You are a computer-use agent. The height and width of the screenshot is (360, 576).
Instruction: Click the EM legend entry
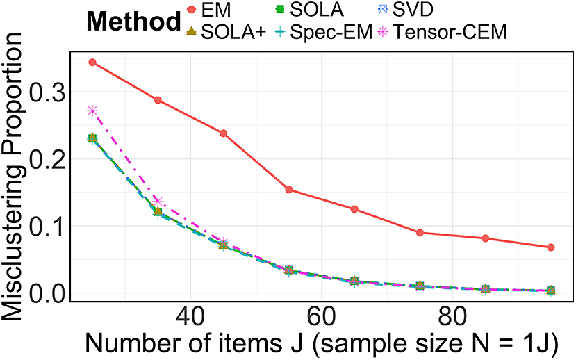(209, 10)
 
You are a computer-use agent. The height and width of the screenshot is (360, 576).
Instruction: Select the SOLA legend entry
(309, 10)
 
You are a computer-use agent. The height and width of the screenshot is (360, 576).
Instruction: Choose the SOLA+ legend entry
(227, 32)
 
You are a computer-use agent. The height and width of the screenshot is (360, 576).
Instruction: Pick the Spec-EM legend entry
(324, 32)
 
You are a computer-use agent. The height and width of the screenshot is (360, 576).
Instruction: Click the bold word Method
(133, 22)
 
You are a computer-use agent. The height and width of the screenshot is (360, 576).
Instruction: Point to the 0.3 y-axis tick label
(46, 92)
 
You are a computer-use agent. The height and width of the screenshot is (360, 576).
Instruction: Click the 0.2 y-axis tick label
(46, 159)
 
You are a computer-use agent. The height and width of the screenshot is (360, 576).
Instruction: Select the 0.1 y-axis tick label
(46, 227)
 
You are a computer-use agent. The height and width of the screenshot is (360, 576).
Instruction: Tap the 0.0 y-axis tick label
(46, 293)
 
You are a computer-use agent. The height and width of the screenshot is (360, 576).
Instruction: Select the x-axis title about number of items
(322, 343)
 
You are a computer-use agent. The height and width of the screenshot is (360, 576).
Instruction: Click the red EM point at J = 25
(92, 63)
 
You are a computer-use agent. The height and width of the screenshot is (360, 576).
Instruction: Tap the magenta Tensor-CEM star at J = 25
(92, 111)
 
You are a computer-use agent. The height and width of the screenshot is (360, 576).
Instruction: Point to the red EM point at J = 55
(289, 190)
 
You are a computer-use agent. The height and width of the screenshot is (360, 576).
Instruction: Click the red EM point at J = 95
(551, 247)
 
